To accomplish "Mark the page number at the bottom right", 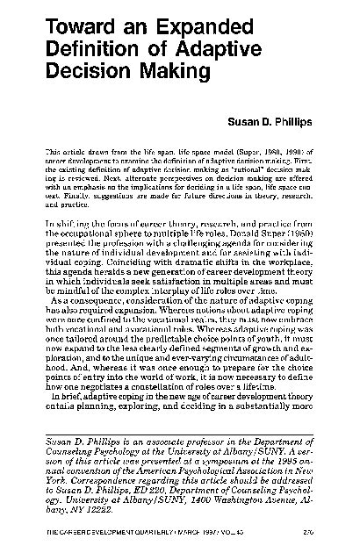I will pyautogui.click(x=311, y=533).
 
